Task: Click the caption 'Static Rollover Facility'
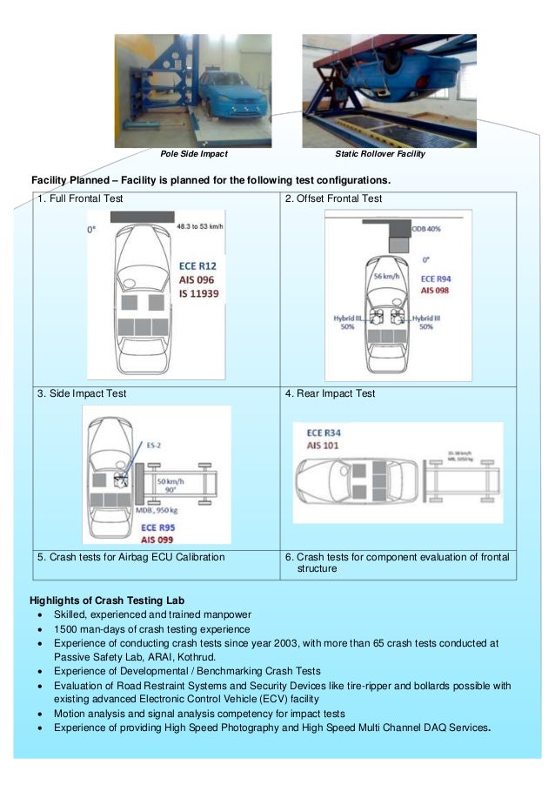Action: (x=380, y=154)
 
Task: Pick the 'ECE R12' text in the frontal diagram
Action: (x=195, y=265)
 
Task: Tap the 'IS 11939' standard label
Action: (x=195, y=295)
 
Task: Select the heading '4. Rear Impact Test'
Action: (x=331, y=394)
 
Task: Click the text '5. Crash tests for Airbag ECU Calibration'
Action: (x=130, y=557)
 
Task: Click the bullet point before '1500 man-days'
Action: (x=41, y=629)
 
